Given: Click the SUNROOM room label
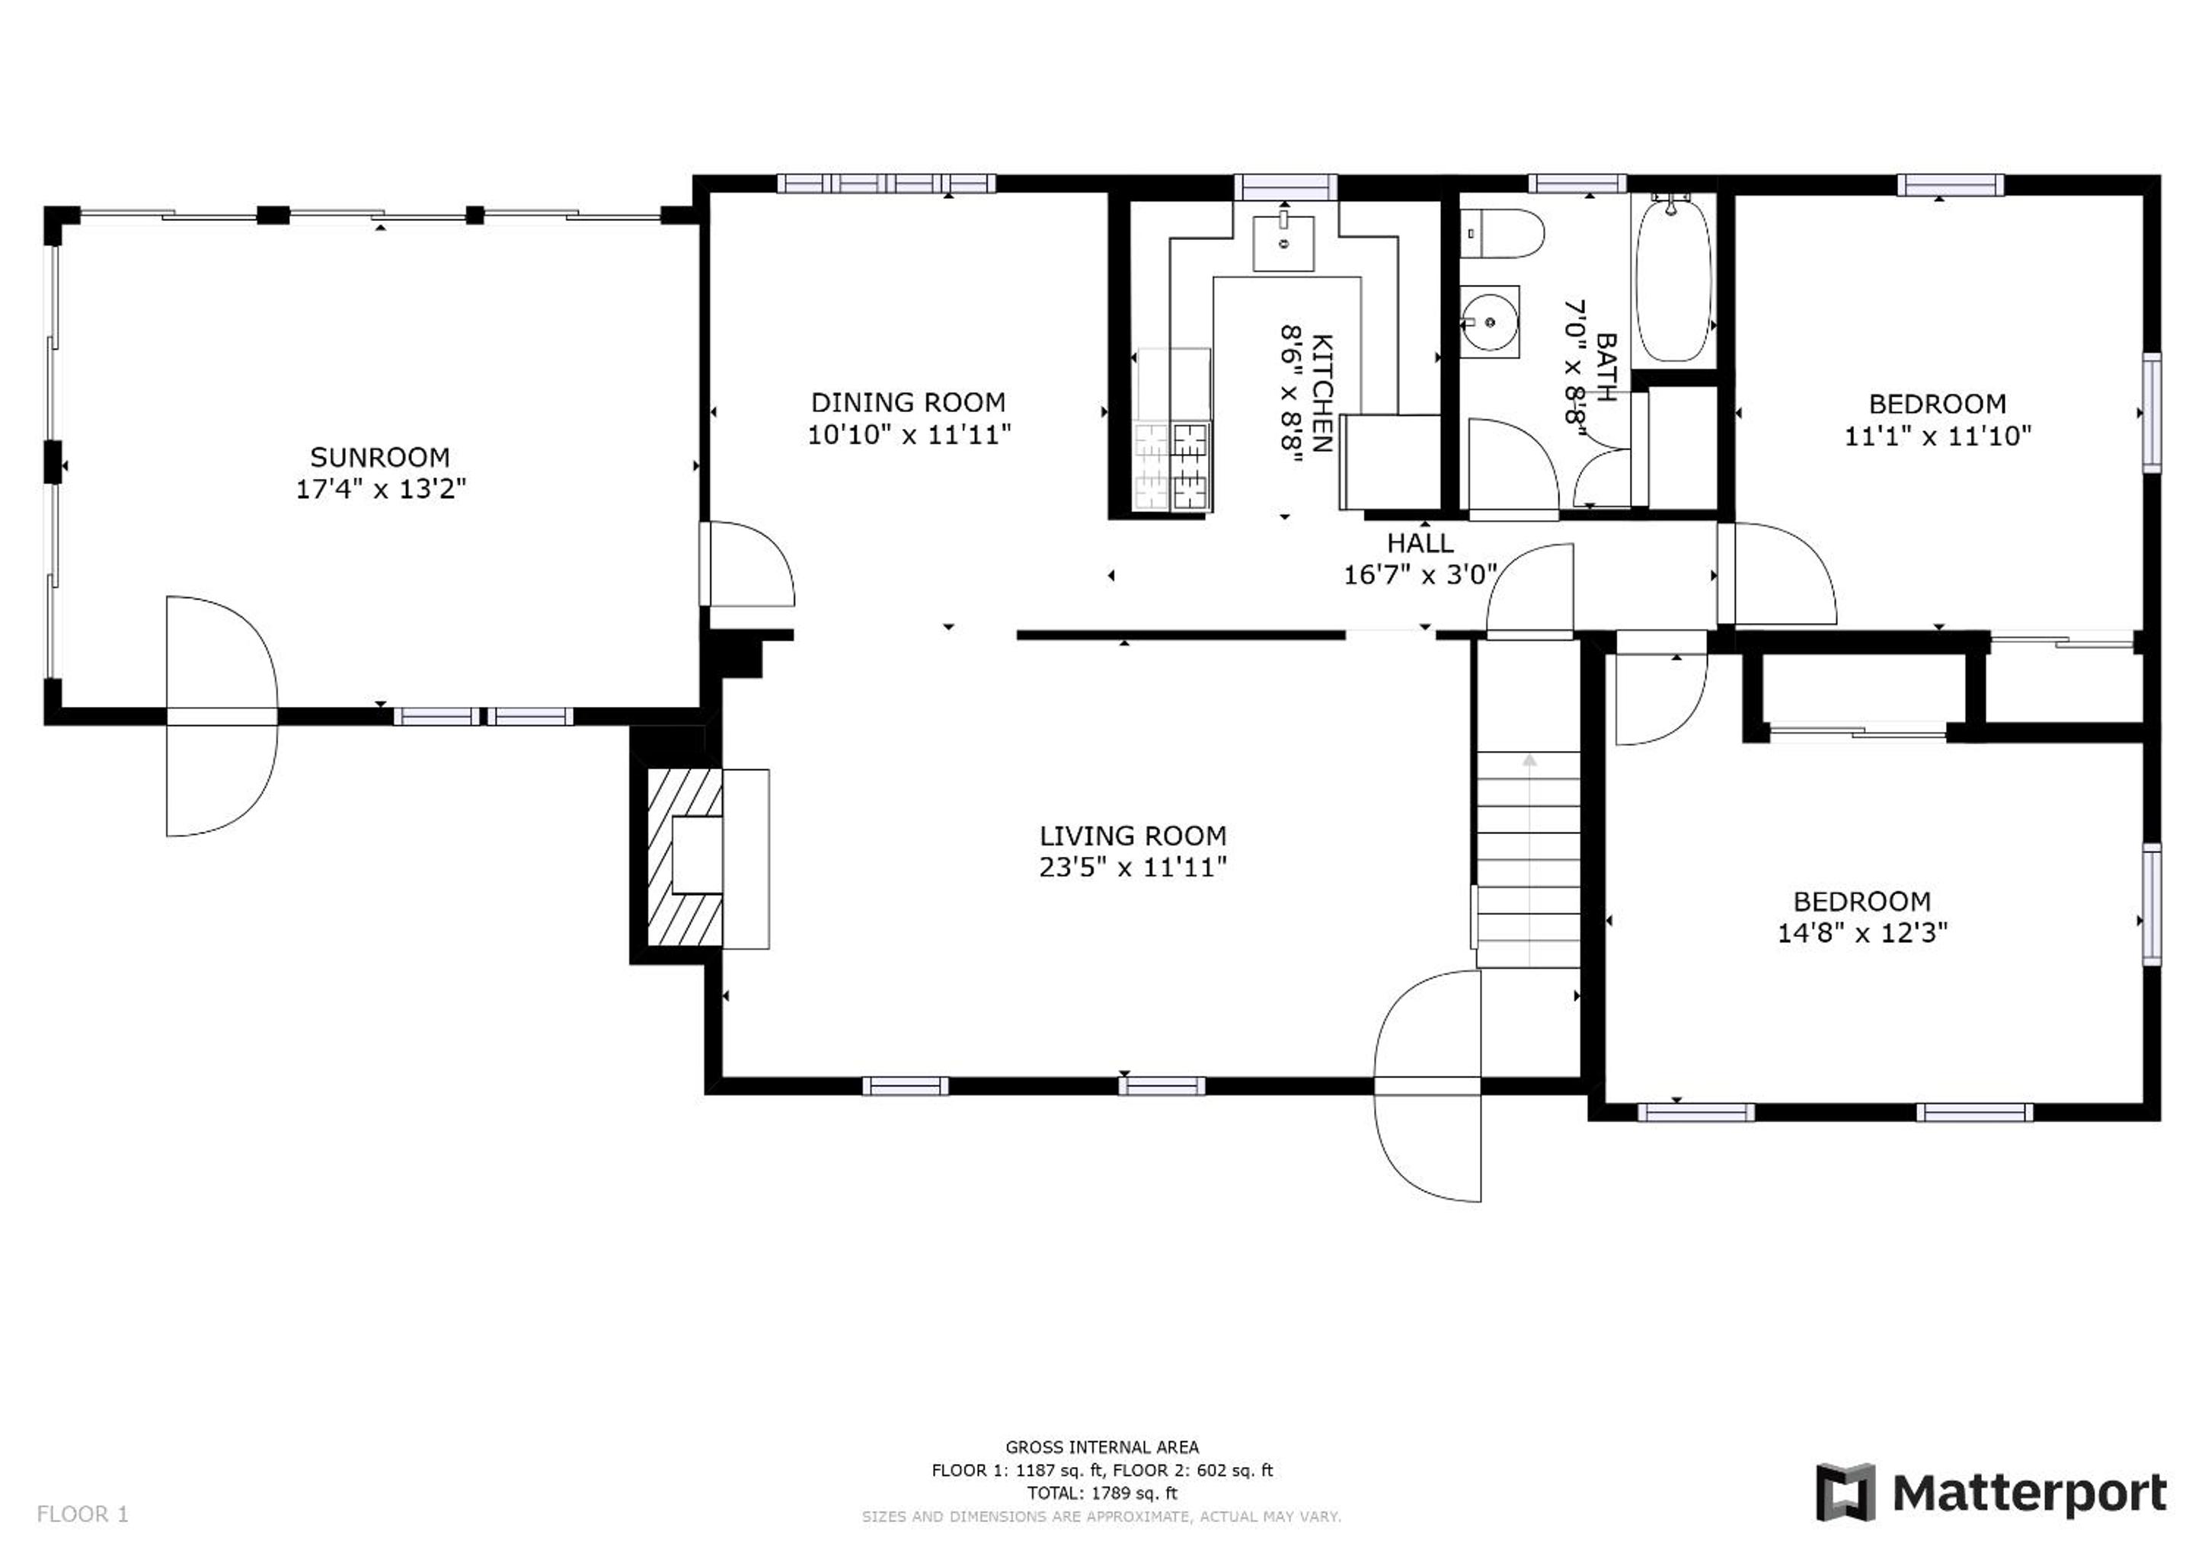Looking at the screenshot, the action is [x=379, y=457].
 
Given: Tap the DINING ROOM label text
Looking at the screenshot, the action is [x=908, y=402].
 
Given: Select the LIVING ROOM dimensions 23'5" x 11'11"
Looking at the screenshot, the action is [x=1133, y=868].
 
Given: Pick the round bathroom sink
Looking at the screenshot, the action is [x=1490, y=321].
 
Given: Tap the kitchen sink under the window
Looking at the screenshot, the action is [x=1283, y=243].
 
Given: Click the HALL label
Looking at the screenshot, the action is [x=1420, y=544].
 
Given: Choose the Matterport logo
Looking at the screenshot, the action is [x=1992, y=1493].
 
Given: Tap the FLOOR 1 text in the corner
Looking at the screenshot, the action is [x=82, y=1515].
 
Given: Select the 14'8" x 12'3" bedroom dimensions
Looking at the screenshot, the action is [x=1862, y=934].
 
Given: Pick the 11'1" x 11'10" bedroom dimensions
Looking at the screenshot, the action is [x=1937, y=436].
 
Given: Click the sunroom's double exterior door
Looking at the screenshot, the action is [x=222, y=717].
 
